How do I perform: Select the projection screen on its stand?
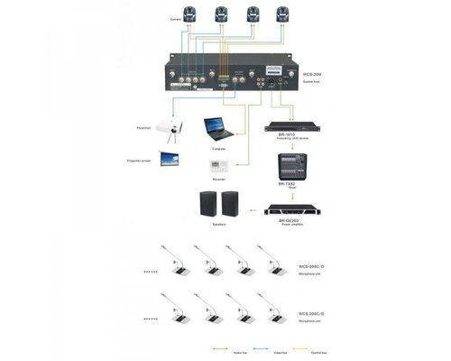169,159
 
